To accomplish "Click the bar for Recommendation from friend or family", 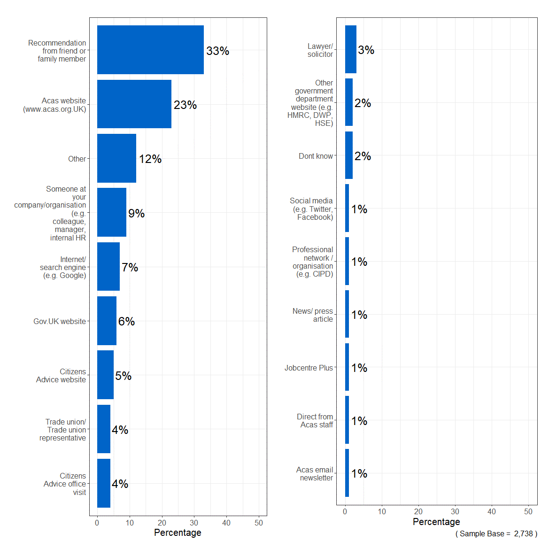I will click(x=150, y=50).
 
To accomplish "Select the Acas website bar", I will click(x=134, y=104).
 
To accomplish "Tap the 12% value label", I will click(x=150, y=159).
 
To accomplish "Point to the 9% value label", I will click(x=137, y=214).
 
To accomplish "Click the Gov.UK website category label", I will click(x=60, y=321).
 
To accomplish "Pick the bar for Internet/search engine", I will click(x=108, y=266).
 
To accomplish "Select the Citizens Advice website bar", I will click(x=105, y=375).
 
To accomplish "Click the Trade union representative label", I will click(x=63, y=430).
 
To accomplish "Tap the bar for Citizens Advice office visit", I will click(x=104, y=483).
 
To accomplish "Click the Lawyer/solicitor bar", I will click(x=351, y=49).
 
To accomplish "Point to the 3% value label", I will click(x=366, y=50).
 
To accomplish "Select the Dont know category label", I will click(x=316, y=156).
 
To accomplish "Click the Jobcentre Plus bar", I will click(x=347, y=367).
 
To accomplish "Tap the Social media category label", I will click(x=312, y=209).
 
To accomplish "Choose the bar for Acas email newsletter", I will click(x=347, y=473).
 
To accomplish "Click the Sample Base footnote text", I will click(x=496, y=533).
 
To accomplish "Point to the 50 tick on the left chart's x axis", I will click(x=259, y=523).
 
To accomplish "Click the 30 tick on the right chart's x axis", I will click(x=455, y=511).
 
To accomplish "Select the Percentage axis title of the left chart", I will click(x=178, y=533).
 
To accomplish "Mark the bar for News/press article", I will click(x=347, y=314).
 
